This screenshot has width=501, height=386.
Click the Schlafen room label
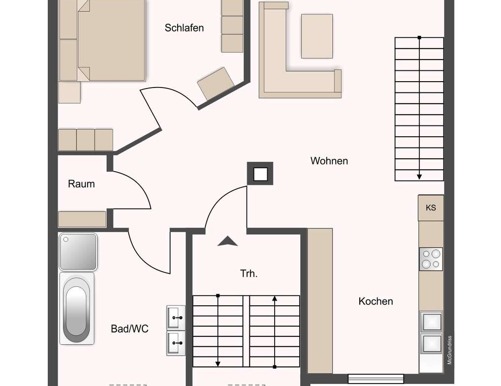click(184, 28)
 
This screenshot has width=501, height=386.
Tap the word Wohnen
click(329, 161)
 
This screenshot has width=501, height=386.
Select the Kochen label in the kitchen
click(376, 301)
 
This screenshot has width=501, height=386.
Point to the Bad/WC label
click(129, 329)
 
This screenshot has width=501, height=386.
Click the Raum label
click(81, 184)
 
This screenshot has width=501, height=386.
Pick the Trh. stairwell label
click(249, 274)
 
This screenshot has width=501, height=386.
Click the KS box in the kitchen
click(431, 208)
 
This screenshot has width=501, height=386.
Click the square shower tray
click(78, 252)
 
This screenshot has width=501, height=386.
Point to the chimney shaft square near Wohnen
click(260, 174)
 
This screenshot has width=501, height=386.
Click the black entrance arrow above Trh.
click(227, 241)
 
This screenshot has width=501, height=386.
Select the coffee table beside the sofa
click(316, 36)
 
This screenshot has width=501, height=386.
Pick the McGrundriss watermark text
click(449, 350)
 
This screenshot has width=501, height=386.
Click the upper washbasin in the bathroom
click(175, 317)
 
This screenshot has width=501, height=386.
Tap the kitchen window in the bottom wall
click(376, 379)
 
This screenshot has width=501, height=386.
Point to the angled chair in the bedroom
click(216, 83)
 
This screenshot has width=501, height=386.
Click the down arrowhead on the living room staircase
click(419, 177)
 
